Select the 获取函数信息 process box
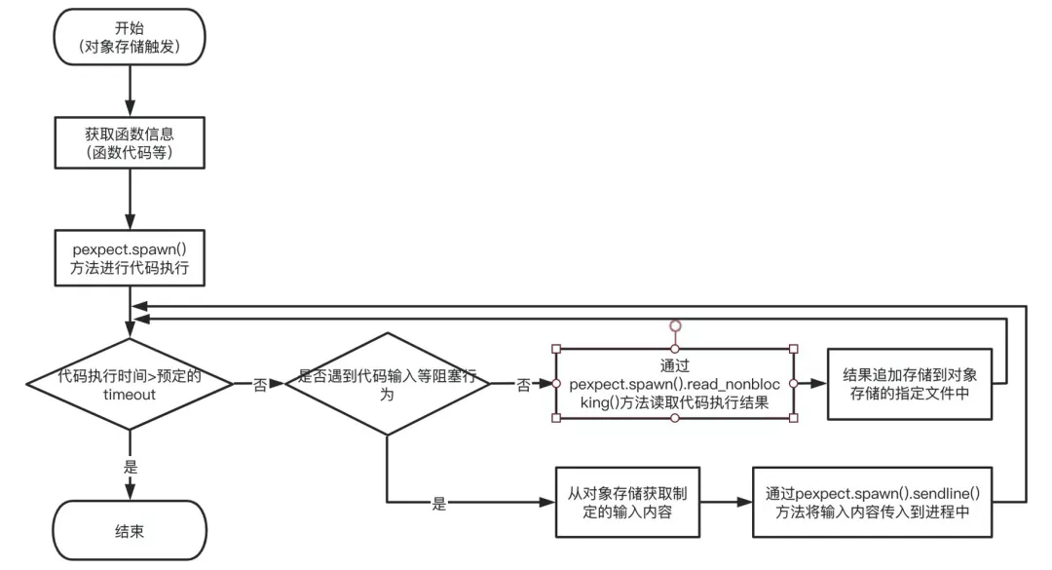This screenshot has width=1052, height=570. click(x=130, y=142)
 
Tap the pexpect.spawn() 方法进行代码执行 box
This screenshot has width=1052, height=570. click(x=130, y=257)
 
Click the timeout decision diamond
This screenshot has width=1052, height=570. click(x=130, y=384)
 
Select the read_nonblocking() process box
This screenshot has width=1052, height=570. click(x=673, y=384)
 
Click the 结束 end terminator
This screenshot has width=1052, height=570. click(x=130, y=531)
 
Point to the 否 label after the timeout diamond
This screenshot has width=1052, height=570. click(x=260, y=385)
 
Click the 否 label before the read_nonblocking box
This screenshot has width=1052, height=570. click(x=523, y=385)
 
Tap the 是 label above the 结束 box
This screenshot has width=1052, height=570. click(x=130, y=467)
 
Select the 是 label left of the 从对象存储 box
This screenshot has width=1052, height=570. click(x=438, y=504)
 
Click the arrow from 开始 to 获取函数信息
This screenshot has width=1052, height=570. click(x=130, y=92)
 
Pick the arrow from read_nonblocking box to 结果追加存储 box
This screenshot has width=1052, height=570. click(x=810, y=384)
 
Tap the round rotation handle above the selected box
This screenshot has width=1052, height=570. click(x=674, y=325)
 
